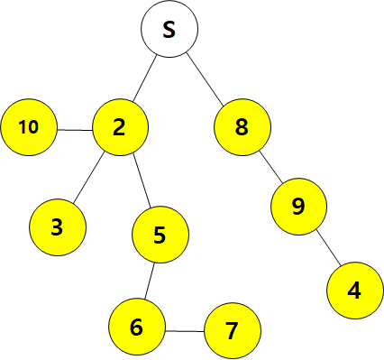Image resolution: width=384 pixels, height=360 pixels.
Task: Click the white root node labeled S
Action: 169,29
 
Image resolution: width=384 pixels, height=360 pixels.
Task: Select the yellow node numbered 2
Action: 120,127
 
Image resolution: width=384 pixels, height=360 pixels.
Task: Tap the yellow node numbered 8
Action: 242,127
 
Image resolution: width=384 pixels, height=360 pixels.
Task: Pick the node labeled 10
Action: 29,127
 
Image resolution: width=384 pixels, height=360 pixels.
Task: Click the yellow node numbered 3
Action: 58,227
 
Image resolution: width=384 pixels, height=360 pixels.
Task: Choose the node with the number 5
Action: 160,235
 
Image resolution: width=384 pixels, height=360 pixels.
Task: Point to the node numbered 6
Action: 137,327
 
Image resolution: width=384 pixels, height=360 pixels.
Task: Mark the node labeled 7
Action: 233,331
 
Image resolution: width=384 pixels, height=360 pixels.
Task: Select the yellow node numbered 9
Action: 298,207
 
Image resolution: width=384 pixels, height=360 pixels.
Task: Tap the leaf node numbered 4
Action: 355,291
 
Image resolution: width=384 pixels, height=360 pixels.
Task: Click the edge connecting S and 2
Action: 145,78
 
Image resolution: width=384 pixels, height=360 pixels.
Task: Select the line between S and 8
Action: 205,79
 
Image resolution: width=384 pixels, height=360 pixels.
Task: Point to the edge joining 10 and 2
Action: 75,130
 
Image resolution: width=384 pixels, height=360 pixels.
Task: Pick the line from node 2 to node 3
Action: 89,177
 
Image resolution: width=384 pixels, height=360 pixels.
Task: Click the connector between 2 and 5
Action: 142,180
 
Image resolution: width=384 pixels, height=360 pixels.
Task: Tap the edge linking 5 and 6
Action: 150,281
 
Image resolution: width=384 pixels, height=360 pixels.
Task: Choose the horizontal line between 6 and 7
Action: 185,331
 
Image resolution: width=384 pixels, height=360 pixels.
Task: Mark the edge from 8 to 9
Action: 270,167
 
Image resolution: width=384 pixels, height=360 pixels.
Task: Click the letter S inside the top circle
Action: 169,30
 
